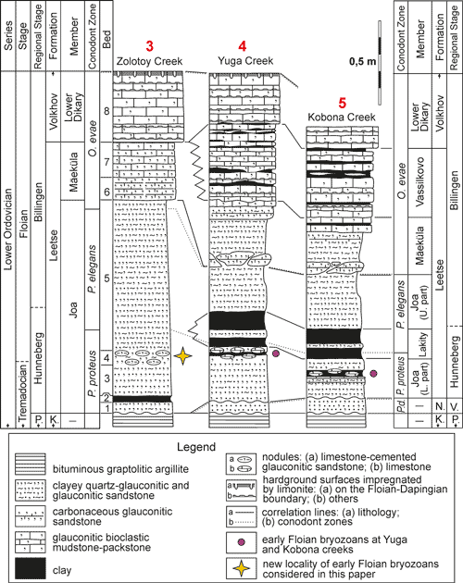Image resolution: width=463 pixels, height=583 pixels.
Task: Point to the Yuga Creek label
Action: coord(243,61)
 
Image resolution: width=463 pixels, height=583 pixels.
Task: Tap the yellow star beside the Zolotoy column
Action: coord(182,355)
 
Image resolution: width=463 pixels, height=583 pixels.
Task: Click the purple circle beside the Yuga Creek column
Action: coord(275,354)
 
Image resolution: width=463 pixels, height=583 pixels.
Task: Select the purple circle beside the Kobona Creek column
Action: coord(373,373)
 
